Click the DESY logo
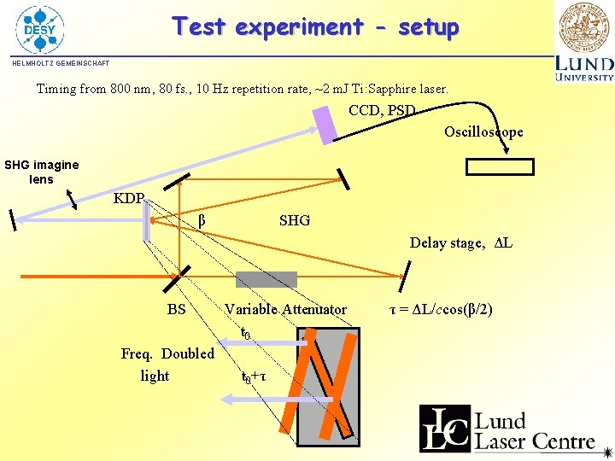[x=39, y=29]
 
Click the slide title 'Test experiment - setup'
[x=315, y=26]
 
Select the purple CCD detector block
[x=326, y=124]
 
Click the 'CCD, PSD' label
[x=382, y=110]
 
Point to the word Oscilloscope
[x=483, y=131]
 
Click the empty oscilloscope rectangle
[x=501, y=166]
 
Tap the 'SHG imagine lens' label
[x=41, y=172]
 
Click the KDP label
[x=129, y=199]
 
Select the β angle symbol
[x=202, y=220]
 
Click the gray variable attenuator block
[x=266, y=279]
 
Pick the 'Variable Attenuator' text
[x=285, y=309]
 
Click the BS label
[x=176, y=309]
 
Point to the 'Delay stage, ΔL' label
[x=460, y=242]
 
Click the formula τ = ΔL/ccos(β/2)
[x=441, y=309]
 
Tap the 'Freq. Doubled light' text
[x=167, y=365]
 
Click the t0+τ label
[x=254, y=376]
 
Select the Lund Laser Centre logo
[x=507, y=428]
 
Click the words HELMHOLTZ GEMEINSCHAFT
[x=61, y=63]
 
